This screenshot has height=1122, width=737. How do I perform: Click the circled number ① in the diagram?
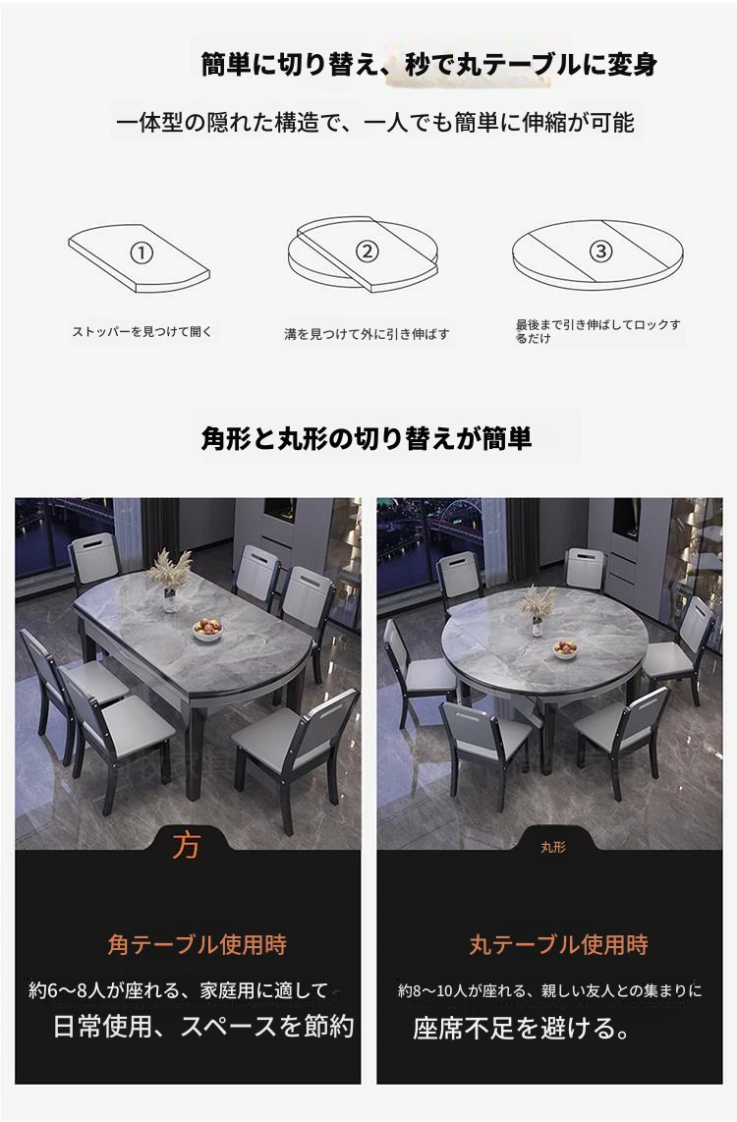click(x=142, y=252)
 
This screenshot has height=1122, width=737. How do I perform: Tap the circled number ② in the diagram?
click(x=368, y=252)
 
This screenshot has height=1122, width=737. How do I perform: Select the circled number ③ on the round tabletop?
click(x=600, y=251)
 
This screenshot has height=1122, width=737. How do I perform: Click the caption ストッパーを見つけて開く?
click(x=142, y=331)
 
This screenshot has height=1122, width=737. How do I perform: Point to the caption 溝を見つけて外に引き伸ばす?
click(x=367, y=333)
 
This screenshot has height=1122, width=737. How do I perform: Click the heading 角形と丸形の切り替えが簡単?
click(x=367, y=438)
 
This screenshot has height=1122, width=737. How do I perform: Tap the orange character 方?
click(x=186, y=845)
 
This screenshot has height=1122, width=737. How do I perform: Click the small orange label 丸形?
click(x=553, y=847)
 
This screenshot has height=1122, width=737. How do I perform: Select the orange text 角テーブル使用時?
click(x=197, y=944)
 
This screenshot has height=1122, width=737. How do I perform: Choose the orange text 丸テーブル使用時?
click(x=559, y=944)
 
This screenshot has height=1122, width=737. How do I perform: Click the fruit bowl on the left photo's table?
click(x=207, y=630)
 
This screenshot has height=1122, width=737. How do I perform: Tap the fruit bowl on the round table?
click(x=565, y=649)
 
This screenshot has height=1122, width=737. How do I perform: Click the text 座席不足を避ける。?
click(x=523, y=1029)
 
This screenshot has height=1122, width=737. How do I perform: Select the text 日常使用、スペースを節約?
click(x=204, y=1026)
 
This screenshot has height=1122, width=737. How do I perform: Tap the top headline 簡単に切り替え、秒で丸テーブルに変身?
click(x=429, y=65)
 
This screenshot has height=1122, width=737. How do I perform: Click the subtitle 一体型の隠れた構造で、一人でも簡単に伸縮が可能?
click(x=375, y=123)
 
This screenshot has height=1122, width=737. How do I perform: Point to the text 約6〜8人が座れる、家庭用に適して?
click(x=178, y=990)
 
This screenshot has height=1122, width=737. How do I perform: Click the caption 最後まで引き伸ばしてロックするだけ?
click(x=598, y=331)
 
